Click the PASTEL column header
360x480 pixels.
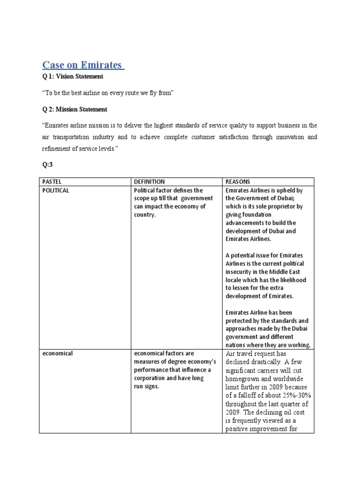[x=52, y=181]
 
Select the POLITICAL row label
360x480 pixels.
[x=56, y=190]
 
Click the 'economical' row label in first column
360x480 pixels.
[x=57, y=353]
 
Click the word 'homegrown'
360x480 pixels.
[x=246, y=378]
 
